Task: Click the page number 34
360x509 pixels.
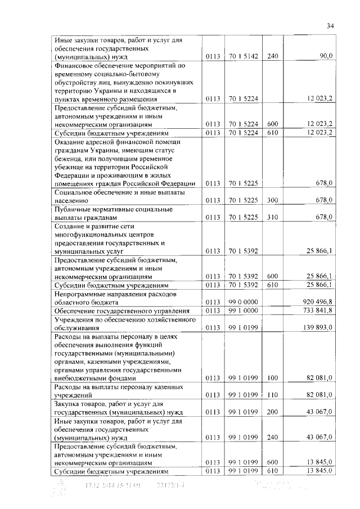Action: click(330, 25)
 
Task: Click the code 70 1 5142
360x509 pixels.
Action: click(243, 56)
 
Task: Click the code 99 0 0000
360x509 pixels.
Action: click(243, 301)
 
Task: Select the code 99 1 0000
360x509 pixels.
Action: click(243, 310)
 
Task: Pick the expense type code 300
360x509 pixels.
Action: click(273, 200)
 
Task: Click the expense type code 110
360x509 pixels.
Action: click(273, 395)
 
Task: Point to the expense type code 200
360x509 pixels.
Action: click(273, 412)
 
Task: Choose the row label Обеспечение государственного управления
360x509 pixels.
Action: click(120, 310)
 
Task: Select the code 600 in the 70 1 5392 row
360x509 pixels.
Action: click(273, 276)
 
